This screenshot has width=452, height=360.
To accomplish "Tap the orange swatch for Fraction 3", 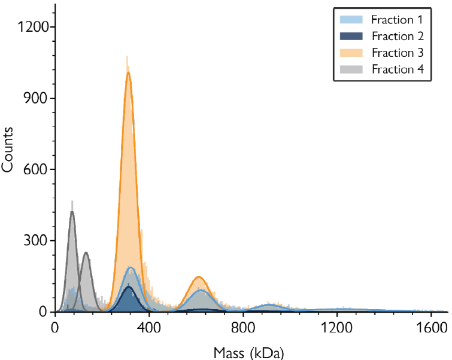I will (x=350, y=52).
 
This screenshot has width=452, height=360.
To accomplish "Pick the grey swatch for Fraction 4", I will (x=350, y=69).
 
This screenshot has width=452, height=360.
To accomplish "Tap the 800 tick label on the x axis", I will (x=243, y=328).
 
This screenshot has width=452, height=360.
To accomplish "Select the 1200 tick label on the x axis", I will (x=337, y=328).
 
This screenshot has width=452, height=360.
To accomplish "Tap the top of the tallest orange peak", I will (x=128, y=73).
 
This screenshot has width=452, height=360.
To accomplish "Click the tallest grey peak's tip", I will (x=72, y=211).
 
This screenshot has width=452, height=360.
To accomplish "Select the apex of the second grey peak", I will (x=86, y=253).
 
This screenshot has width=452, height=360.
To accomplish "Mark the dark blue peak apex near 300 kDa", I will (x=128, y=287).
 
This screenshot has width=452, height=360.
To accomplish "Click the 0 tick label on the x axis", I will (x=55, y=328).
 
